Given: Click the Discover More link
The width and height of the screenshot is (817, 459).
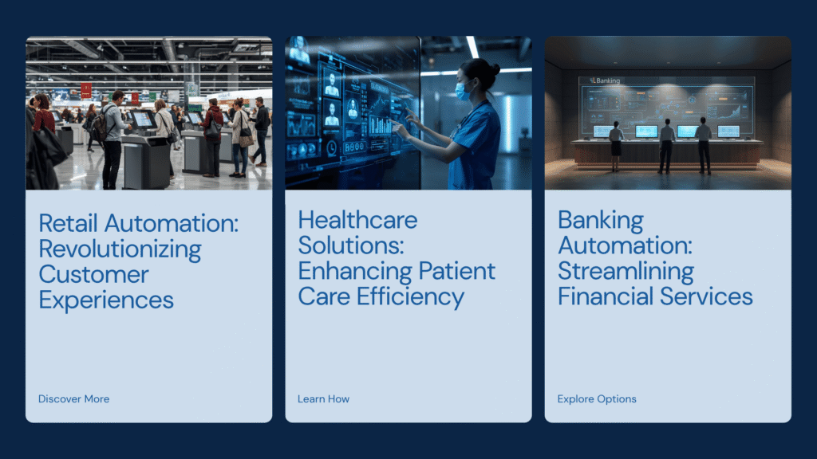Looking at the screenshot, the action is (74, 399).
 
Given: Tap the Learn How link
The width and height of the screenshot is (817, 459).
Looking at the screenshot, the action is (324, 399).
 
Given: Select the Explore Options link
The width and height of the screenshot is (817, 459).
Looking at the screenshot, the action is (597, 399).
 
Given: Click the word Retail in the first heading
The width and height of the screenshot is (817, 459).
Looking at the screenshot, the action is (69, 223).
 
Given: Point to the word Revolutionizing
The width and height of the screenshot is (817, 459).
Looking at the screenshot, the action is (120, 249).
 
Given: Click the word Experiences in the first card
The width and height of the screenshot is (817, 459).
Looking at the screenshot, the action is (106, 300).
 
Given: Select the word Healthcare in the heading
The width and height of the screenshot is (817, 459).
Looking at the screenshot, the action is (358, 220).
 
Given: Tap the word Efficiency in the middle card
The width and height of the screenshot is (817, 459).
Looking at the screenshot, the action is (410, 297).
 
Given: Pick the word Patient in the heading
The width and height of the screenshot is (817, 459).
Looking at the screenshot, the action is (457, 271).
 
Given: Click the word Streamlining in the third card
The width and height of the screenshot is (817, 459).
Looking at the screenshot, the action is (626, 272).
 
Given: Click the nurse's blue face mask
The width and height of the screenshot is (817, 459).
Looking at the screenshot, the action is (462, 91).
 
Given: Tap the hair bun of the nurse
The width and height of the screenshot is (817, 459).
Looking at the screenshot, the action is (494, 69).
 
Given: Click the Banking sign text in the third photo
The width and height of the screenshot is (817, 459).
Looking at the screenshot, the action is (607, 80).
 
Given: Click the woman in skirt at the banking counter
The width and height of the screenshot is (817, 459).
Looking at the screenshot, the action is (616, 146).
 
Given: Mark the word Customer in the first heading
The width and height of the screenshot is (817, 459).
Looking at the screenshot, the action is (94, 275).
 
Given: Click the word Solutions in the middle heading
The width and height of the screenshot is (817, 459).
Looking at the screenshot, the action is (351, 245).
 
